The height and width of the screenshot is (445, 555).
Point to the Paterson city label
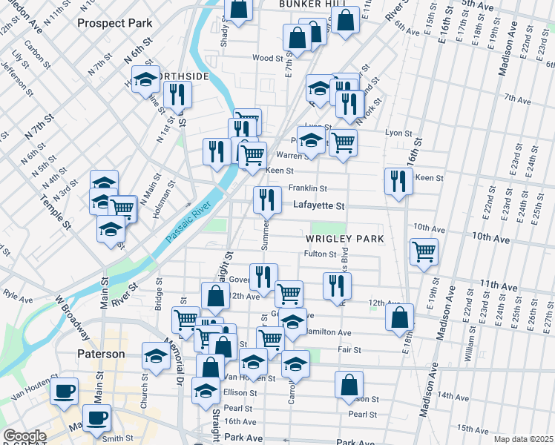coord(101,354)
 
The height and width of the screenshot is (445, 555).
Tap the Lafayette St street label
coord(319,205)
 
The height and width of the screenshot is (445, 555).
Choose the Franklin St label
coord(308,188)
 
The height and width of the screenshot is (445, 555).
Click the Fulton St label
coord(321,254)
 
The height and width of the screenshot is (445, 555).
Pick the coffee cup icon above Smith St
coord(96,418)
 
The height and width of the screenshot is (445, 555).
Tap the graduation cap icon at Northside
coord(145,79)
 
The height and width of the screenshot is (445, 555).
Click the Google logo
coord(24,436)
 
